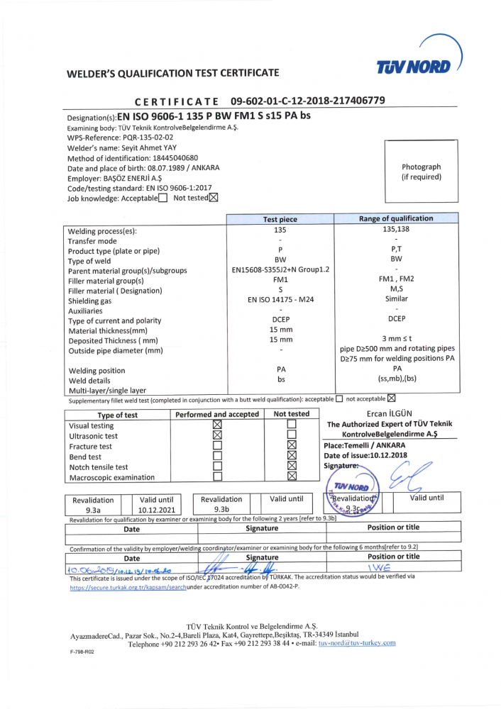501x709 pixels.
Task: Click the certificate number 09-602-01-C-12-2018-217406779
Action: click(308, 101)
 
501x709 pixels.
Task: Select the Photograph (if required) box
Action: click(421, 172)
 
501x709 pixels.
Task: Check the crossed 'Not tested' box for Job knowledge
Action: click(214, 199)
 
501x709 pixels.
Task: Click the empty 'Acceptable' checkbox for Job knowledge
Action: click(163, 199)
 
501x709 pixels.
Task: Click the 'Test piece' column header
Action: click(280, 220)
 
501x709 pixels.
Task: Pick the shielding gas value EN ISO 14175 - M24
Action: click(280, 300)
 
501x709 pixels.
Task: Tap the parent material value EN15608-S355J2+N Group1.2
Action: click(280, 270)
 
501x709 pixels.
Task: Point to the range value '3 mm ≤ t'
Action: click(397, 340)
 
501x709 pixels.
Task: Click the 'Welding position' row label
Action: click(97, 371)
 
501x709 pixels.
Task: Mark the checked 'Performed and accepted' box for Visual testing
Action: click(218, 425)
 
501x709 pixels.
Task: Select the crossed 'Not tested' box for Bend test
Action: click(292, 456)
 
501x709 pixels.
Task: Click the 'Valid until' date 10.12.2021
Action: click(157, 509)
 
